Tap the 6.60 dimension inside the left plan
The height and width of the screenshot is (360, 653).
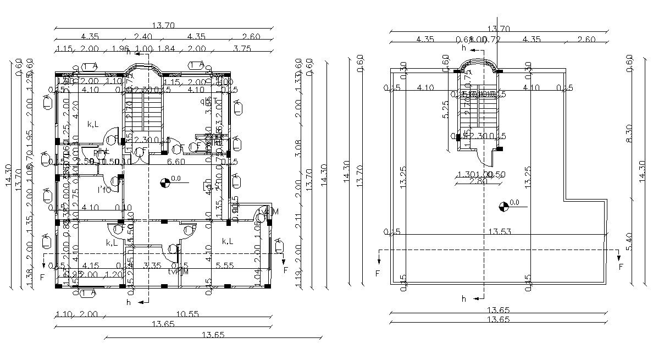click(x=175, y=162)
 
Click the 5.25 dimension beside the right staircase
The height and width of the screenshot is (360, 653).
click(x=446, y=109)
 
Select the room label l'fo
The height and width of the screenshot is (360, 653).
click(x=104, y=190)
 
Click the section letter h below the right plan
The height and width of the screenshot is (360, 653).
click(x=463, y=299)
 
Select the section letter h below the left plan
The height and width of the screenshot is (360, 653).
click(x=128, y=302)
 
